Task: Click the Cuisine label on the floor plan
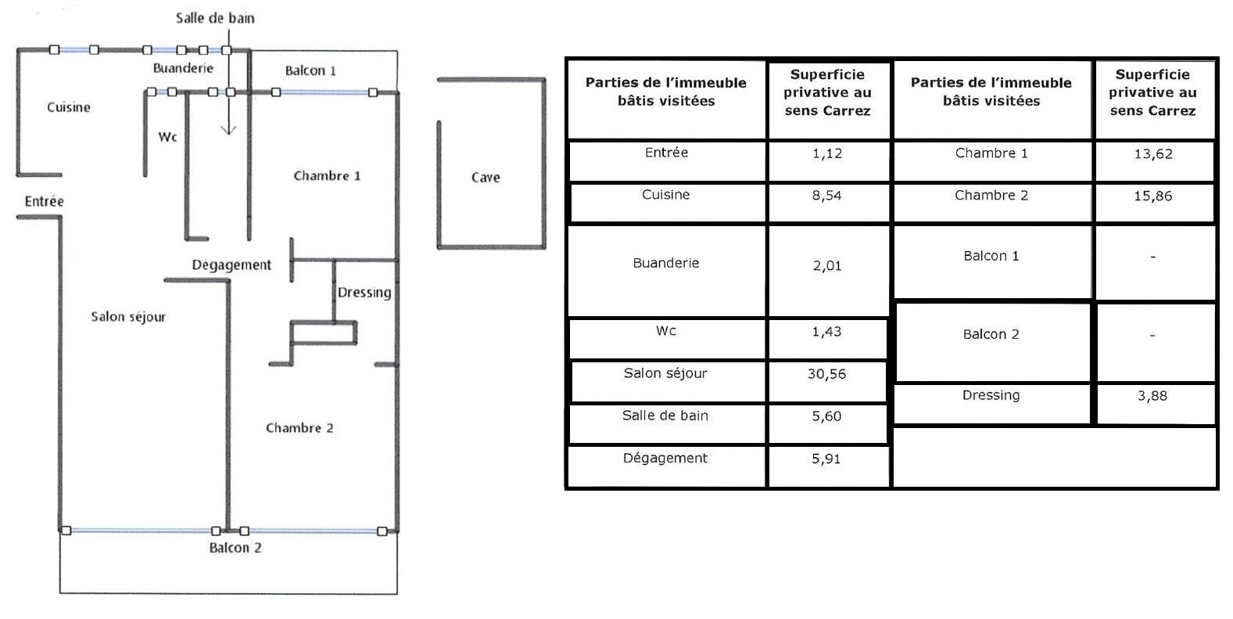(69, 107)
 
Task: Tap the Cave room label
(486, 178)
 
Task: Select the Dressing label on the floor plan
(364, 293)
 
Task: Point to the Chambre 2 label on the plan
(299, 428)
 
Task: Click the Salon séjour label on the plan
(128, 317)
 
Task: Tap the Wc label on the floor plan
(167, 137)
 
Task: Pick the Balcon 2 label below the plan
(235, 548)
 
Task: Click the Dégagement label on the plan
(231, 265)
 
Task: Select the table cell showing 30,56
(827, 374)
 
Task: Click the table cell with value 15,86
(1153, 196)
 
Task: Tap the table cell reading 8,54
(827, 196)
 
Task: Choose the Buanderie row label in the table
(666, 263)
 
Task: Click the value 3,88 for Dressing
(1152, 396)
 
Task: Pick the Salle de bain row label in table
(665, 416)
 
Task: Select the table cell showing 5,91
(826, 459)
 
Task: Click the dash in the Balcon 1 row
(1152, 257)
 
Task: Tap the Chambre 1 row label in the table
(991, 153)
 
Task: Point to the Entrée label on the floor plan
(45, 202)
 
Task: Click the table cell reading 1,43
(827, 332)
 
